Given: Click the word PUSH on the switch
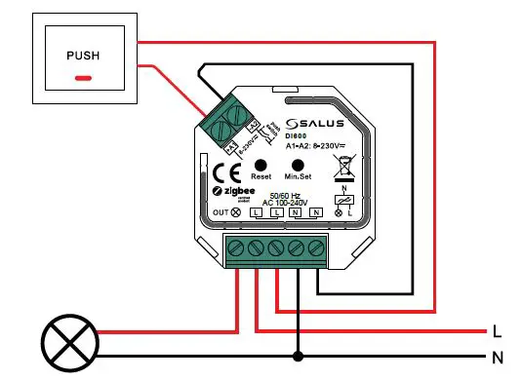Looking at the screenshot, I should click(x=82, y=56).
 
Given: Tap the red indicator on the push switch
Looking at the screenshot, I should click(x=84, y=76).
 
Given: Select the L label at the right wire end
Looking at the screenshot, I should click(x=497, y=330).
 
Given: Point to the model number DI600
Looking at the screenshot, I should click(x=296, y=136).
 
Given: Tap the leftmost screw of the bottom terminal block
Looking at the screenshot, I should click(x=238, y=247).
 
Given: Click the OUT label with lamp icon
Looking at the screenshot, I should click(x=227, y=211).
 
